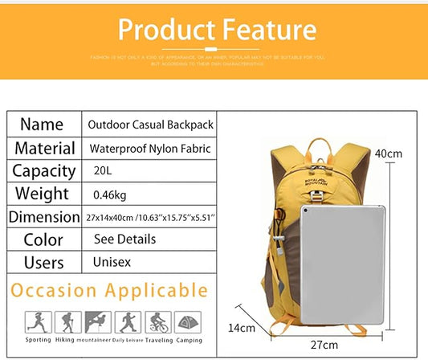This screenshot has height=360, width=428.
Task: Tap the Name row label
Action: click(x=42, y=125)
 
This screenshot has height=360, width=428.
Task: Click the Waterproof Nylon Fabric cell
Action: click(x=150, y=149)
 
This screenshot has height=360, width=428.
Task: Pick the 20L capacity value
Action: click(x=102, y=171)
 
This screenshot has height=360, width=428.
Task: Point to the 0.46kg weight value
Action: click(x=109, y=194)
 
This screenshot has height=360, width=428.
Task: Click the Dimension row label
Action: click(x=45, y=217)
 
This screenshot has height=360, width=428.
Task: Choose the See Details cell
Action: click(x=124, y=239)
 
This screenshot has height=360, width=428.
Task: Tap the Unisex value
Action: click(x=112, y=263)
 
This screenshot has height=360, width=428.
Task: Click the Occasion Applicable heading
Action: click(x=109, y=291)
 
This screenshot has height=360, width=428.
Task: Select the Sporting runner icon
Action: click(x=38, y=322)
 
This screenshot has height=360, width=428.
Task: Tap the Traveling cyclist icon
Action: click(x=157, y=322)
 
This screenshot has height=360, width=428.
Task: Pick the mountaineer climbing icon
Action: click(x=97, y=322)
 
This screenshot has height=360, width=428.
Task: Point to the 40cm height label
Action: click(x=389, y=153)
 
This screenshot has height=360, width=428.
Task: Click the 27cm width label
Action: click(x=324, y=344)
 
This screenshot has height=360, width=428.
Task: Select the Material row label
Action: click(x=45, y=149)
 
